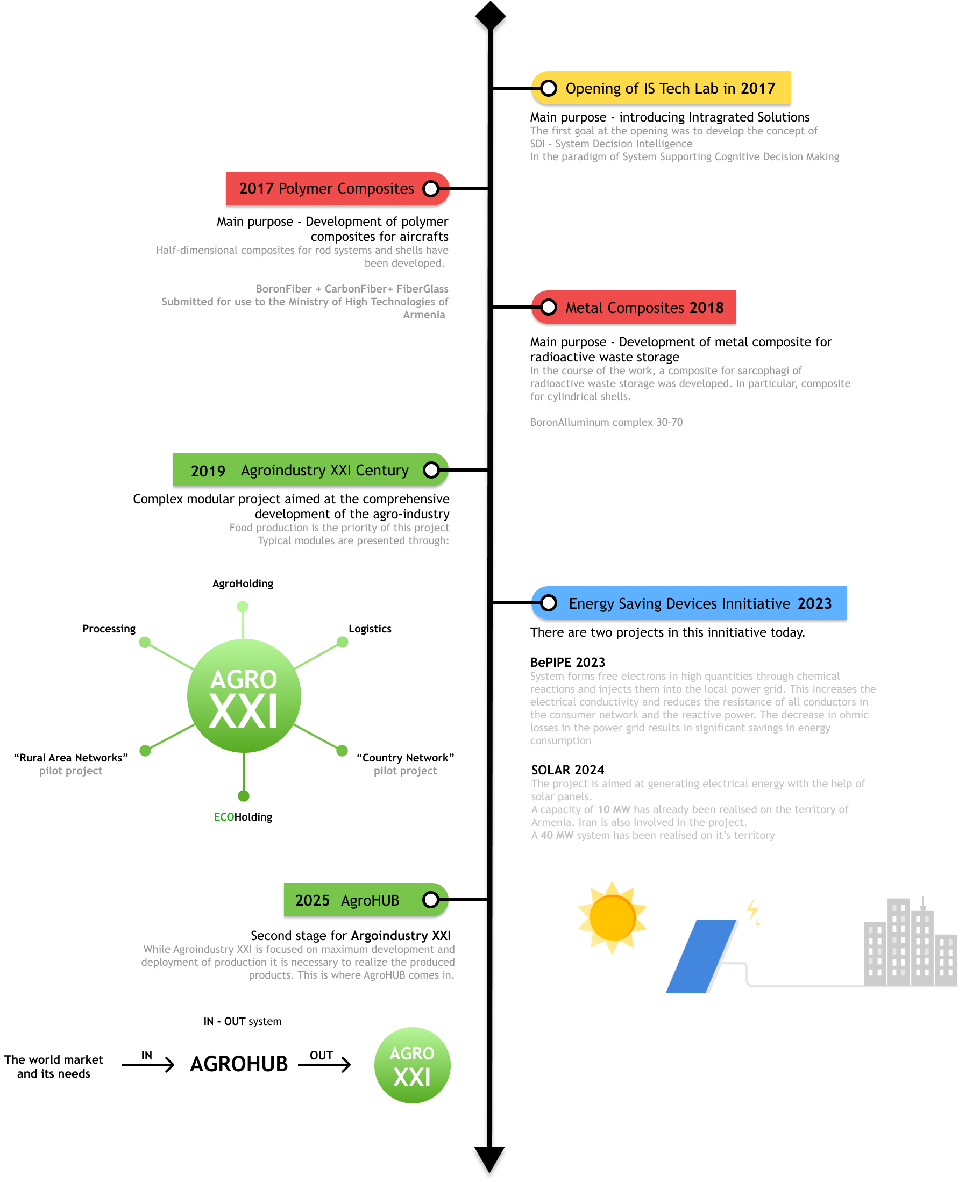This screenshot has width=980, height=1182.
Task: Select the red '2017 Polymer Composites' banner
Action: [x=326, y=189]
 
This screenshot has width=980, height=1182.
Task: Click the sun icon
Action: [x=612, y=918]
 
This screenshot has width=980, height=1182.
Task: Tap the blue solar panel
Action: [x=701, y=956]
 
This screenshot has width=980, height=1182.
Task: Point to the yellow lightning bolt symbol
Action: [x=753, y=913]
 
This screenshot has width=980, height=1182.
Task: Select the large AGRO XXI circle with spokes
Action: [x=244, y=696]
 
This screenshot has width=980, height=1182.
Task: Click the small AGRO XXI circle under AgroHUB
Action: [x=412, y=1065]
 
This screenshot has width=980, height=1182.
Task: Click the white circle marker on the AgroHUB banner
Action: [x=431, y=900]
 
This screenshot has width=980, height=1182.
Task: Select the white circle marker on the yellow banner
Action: [x=548, y=88]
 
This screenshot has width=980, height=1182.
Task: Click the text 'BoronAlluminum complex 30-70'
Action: [x=606, y=422]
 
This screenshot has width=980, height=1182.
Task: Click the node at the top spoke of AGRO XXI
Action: [x=243, y=606]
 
